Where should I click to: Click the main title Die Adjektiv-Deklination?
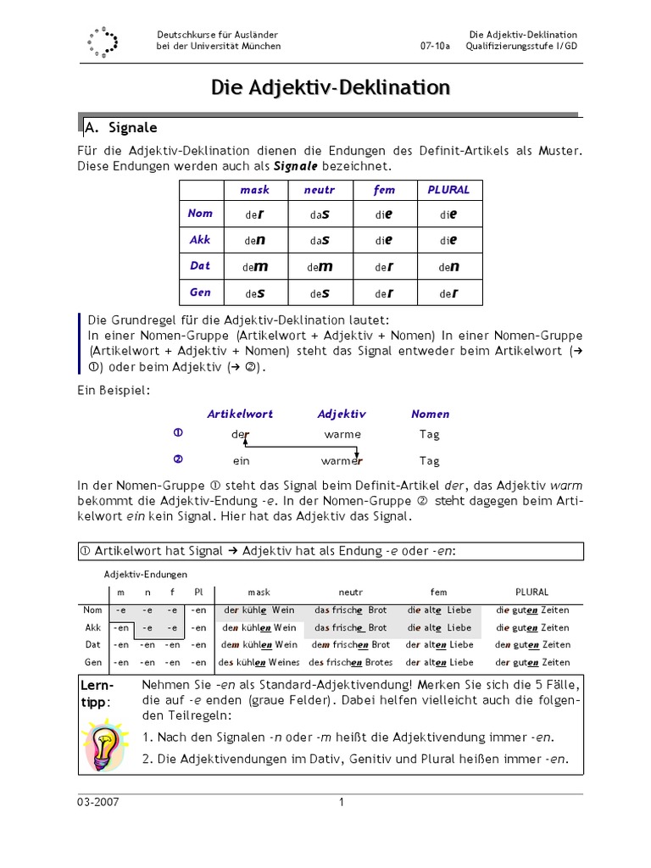(331, 87)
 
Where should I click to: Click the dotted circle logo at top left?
(103, 42)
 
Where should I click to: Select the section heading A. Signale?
(120, 128)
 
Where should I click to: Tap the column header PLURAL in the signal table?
(448, 190)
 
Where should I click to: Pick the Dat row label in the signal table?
(200, 265)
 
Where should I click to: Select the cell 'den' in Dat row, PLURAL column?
(448, 266)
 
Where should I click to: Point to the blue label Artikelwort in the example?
(240, 415)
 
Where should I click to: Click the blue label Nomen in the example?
(430, 415)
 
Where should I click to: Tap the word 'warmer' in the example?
(342, 461)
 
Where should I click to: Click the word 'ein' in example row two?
(241, 461)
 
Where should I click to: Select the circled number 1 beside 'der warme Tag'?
(178, 433)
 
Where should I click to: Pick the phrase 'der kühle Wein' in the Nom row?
(257, 610)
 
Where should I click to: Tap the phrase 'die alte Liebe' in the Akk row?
(439, 628)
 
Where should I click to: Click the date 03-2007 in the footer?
(98, 803)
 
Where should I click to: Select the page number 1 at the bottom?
(342, 803)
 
